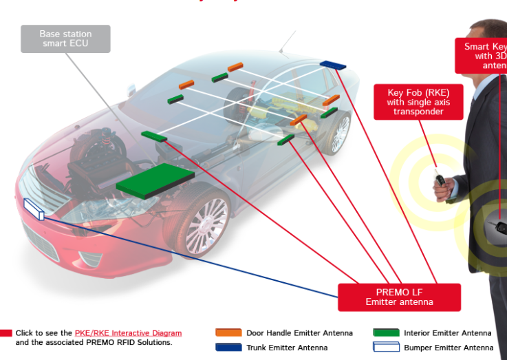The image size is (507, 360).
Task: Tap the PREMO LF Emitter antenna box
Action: click(x=399, y=297)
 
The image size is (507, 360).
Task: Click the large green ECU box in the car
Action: click(x=155, y=180)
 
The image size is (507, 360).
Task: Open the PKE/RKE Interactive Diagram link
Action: click(x=128, y=333)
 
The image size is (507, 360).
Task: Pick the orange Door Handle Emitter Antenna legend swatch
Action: click(x=228, y=333)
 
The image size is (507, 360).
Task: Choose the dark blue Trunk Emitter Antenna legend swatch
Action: click(x=228, y=348)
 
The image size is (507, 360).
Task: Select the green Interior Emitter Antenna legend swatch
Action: click(x=386, y=333)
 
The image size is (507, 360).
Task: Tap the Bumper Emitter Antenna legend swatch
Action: click(x=386, y=348)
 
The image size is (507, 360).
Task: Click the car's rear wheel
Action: click(x=338, y=134)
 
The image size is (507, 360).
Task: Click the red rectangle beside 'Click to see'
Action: click(x=6, y=333)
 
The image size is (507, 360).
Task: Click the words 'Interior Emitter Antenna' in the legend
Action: click(x=447, y=333)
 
